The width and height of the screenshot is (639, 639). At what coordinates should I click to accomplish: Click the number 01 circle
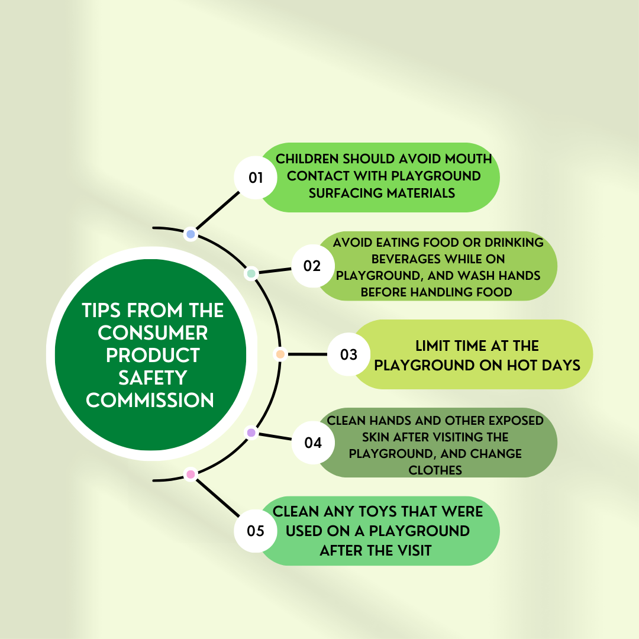256,177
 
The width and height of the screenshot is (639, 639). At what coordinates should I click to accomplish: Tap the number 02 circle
312,266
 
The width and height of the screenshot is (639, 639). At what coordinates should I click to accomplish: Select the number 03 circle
349,354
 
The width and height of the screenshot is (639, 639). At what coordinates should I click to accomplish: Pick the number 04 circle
312,443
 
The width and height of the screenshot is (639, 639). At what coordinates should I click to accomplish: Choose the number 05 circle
256,531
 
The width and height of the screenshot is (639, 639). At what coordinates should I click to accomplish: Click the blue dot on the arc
191,234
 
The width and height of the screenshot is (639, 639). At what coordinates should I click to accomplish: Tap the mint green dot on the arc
251,273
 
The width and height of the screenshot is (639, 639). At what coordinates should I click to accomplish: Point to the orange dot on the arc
280,354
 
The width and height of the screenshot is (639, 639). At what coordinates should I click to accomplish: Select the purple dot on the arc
251,433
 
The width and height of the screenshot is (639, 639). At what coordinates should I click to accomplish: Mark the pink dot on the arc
191,474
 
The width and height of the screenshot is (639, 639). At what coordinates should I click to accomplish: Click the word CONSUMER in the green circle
153,333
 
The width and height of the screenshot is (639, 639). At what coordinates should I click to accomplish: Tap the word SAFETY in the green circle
153,377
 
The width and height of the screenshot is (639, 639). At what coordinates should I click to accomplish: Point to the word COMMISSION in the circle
150,400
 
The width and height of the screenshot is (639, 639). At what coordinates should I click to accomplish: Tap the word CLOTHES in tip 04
435,470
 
